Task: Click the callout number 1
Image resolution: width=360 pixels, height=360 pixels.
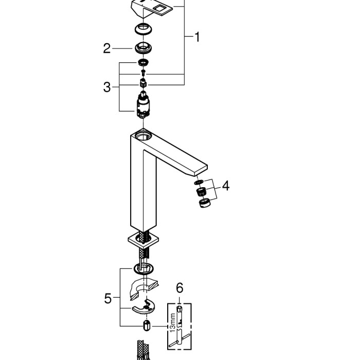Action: point(196,37)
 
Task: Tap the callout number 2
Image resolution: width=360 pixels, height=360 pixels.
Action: point(106,48)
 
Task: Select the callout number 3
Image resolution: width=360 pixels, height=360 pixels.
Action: point(106,87)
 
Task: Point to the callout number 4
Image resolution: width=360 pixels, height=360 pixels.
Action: point(225,185)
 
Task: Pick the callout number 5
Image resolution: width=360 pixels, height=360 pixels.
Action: point(108,298)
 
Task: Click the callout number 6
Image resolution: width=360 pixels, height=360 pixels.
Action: point(178,289)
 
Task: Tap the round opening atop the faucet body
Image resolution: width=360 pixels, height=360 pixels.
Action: point(143,136)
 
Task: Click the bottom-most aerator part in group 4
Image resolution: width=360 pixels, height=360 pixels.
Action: point(204,204)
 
